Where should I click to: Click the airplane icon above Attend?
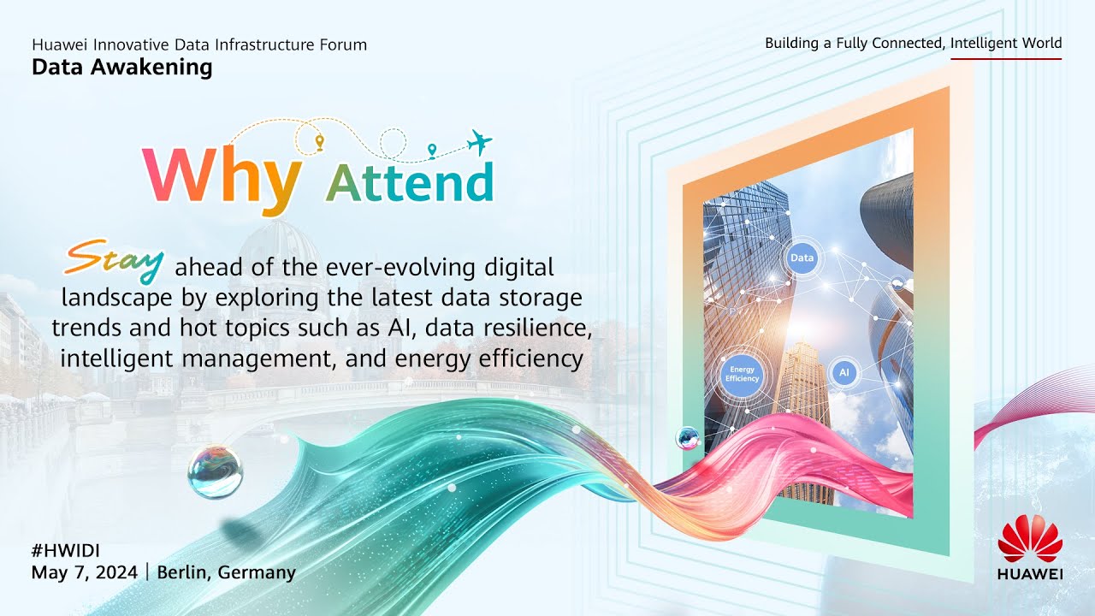[480, 142]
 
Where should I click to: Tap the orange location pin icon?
[320, 142]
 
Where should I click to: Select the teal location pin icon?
[432, 151]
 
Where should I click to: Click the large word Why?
[222, 180]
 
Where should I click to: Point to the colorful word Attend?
[410, 182]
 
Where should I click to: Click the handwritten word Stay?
[114, 261]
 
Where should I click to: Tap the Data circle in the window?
[802, 258]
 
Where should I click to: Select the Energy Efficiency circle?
[742, 375]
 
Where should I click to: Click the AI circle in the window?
[844, 372]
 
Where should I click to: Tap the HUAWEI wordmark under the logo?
[1030, 573]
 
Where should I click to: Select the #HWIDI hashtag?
[66, 551]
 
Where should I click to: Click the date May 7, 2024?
[85, 572]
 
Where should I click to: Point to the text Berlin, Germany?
[227, 572]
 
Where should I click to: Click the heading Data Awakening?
[122, 68]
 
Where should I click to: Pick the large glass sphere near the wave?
[215, 471]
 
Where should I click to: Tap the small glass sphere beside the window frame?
[688, 438]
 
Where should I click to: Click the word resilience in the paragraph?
[538, 328]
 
